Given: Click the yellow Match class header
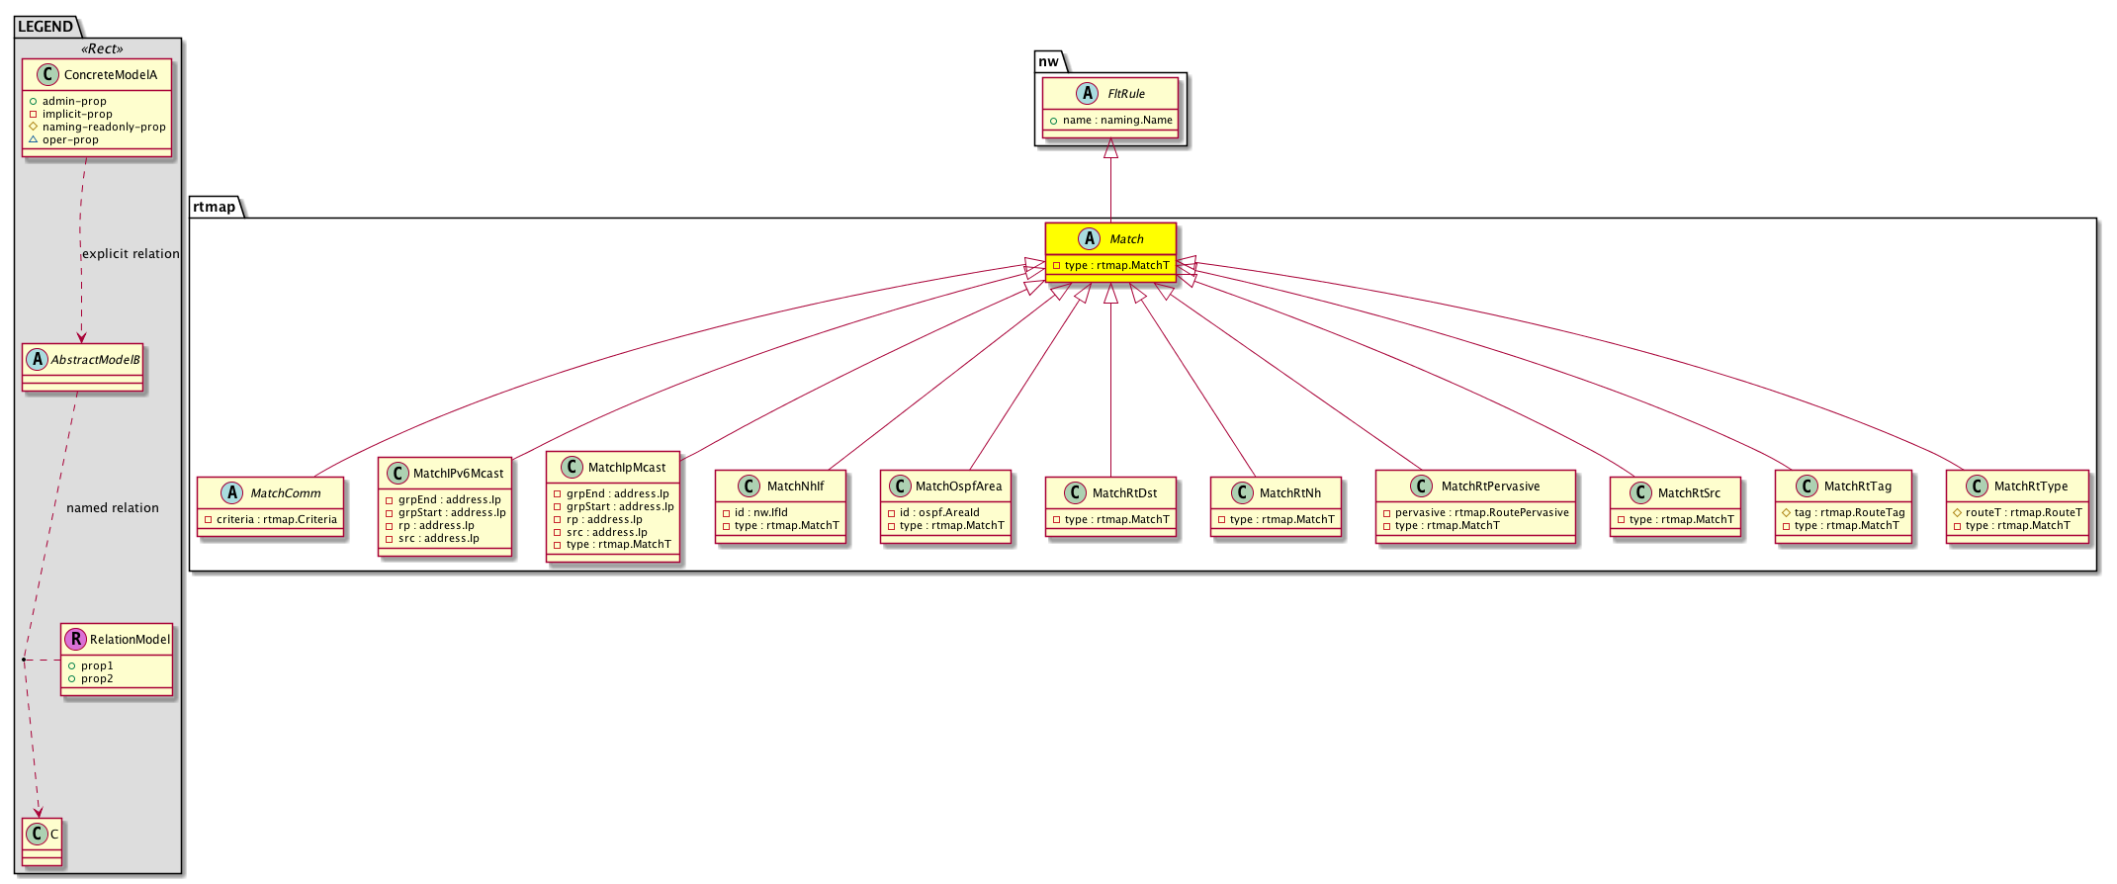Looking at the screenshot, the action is [x=1110, y=239].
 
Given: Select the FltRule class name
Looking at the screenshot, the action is [x=1126, y=94].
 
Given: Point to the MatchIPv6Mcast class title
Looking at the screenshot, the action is [x=458, y=474].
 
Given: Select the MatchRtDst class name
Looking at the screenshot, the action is [x=1124, y=493].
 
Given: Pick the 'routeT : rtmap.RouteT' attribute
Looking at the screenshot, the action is [x=2023, y=512].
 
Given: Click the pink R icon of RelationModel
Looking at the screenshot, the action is [x=76, y=639].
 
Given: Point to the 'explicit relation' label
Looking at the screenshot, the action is [x=131, y=254].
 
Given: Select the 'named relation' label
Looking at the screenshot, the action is [x=113, y=508].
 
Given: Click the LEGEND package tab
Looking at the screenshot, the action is [x=45, y=27].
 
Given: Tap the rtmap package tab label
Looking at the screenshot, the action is [x=215, y=207].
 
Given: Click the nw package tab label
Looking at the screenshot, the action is [x=1048, y=61].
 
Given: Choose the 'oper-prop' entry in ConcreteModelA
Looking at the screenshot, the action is [x=70, y=140].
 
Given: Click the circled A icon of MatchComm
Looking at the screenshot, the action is [x=232, y=492].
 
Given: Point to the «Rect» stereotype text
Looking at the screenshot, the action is [x=103, y=49].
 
